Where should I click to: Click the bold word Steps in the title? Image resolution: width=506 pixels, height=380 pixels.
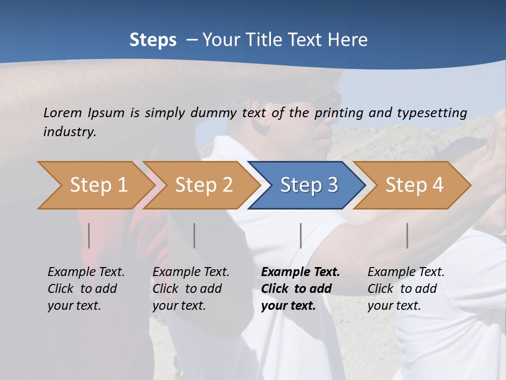click(x=153, y=40)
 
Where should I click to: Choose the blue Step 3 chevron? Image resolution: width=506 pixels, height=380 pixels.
click(x=309, y=185)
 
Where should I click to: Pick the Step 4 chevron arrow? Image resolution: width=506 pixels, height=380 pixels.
click(x=414, y=185)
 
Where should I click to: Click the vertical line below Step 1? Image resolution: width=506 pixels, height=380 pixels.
click(x=89, y=235)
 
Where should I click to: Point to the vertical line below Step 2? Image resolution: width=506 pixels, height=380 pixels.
click(x=194, y=235)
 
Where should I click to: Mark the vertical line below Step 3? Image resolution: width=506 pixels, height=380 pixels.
click(x=300, y=235)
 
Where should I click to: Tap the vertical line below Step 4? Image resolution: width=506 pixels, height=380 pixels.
click(x=407, y=235)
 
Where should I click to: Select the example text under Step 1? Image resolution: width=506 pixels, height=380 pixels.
click(x=86, y=289)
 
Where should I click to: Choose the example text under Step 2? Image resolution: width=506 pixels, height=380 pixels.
click(x=191, y=289)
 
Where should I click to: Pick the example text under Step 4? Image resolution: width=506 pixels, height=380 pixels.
click(x=405, y=289)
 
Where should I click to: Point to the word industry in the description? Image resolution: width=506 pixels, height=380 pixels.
click(x=70, y=132)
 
